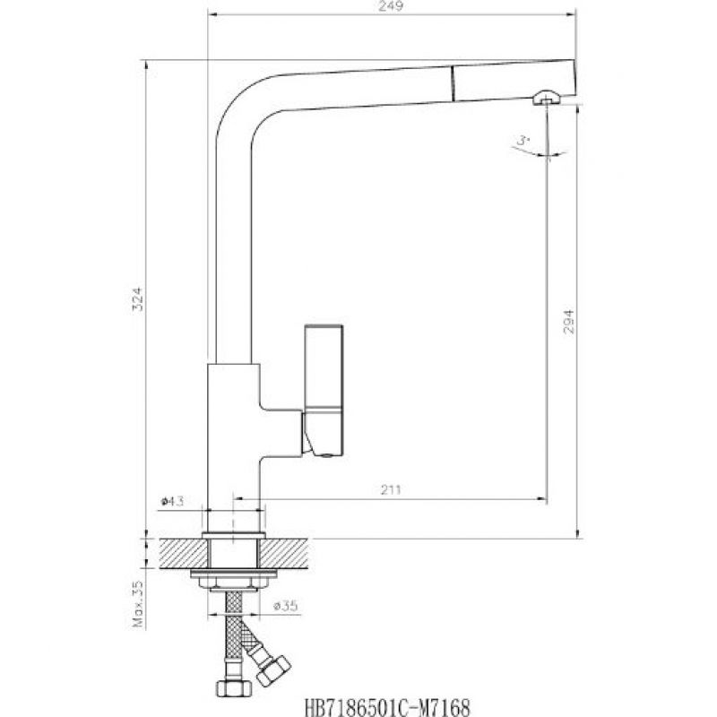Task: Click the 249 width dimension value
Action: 392,6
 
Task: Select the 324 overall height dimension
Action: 137,299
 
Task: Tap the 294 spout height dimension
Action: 568,322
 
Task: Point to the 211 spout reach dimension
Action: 391,490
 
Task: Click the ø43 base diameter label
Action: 172,501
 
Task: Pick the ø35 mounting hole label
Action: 285,607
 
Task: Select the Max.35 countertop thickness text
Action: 138,603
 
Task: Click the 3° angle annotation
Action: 523,141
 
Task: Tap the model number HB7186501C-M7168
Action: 387,707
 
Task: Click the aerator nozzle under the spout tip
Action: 546,97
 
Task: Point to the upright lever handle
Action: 324,367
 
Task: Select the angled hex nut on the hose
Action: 273,669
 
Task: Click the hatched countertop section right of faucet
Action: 283,553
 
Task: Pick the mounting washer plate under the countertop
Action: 234,574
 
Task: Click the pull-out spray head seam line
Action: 453,83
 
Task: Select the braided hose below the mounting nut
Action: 234,635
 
